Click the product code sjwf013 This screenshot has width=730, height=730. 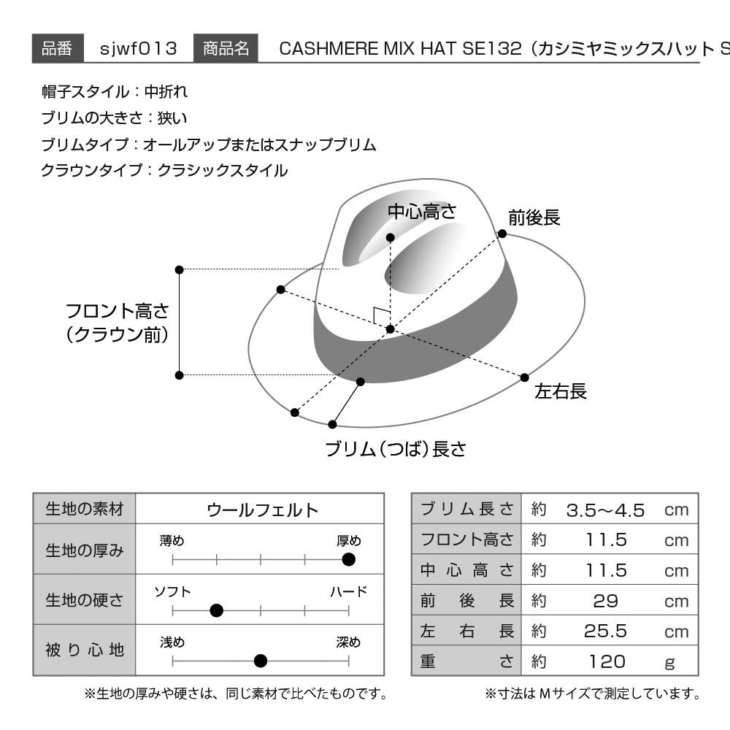[138, 48]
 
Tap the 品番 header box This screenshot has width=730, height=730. [58, 48]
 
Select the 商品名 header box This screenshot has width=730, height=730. [226, 48]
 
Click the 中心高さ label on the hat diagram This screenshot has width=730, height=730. [422, 212]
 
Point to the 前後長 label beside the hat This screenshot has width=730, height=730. [534, 218]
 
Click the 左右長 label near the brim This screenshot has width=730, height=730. [561, 391]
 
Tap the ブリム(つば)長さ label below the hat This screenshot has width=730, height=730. [396, 449]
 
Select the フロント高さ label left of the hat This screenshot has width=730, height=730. [117, 323]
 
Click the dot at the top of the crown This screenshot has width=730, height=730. [390, 238]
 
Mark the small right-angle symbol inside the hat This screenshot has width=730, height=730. [381, 315]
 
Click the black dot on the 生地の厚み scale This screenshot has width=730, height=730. [348, 559]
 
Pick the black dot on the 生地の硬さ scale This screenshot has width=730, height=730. [217, 610]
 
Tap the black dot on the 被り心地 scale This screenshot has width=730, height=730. [261, 661]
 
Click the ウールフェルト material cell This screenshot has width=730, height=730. [260, 509]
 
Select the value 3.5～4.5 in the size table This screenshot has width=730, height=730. [605, 510]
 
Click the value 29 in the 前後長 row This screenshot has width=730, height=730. [606, 601]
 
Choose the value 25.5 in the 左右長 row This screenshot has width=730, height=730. [605, 631]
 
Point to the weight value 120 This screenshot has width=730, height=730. [607, 661]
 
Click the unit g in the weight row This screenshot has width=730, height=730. [670, 663]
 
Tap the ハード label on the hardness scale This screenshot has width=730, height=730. [349, 592]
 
